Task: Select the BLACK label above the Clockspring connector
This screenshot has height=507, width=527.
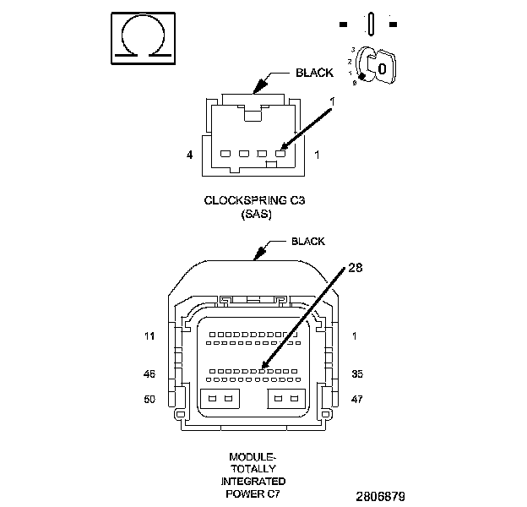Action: pos(314,73)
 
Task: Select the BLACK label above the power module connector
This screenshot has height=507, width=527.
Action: pos(308,241)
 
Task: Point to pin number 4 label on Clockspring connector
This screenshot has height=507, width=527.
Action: pos(189,155)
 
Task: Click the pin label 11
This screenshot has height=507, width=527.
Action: pos(149,336)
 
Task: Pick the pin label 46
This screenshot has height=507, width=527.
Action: pos(149,373)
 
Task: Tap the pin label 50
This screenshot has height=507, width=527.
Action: pos(149,398)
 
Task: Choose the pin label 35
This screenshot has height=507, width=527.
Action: pos(357,373)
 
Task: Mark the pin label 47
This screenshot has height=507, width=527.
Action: pos(357,398)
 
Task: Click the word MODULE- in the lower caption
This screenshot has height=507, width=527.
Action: pos(253,456)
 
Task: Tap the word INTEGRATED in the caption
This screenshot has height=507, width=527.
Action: pos(253,481)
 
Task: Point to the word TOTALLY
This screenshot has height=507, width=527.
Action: pos(253,468)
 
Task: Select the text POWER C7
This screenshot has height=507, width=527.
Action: pos(253,493)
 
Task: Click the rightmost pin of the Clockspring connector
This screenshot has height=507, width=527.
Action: pos(280,154)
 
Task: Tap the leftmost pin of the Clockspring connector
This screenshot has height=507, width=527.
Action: pos(224,154)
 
